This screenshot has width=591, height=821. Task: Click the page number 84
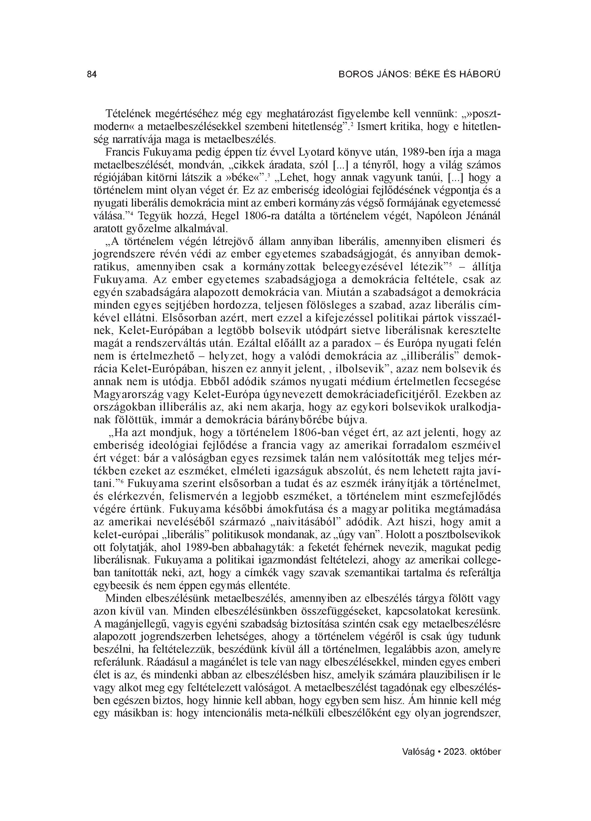[92, 75]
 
